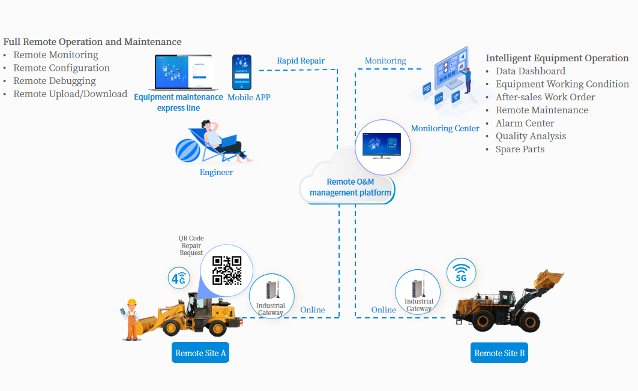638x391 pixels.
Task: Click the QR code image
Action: point(227,270)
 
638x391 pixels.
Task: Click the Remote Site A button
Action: point(200,353)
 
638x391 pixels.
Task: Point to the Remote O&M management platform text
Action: point(350,187)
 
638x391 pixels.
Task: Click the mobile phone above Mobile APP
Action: point(242,73)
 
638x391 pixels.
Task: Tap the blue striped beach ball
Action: point(187,150)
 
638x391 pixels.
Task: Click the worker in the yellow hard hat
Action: point(131,319)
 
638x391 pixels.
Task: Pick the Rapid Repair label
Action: point(301,61)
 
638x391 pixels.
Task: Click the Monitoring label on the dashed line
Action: point(385,61)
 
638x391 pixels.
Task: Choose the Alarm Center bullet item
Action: point(525,123)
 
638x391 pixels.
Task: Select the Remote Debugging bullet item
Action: point(55,81)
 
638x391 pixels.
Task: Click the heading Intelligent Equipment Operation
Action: point(557,58)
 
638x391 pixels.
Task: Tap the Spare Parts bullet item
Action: point(520,149)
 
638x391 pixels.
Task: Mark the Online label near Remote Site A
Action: point(313,310)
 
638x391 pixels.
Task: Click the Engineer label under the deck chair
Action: point(216,172)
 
